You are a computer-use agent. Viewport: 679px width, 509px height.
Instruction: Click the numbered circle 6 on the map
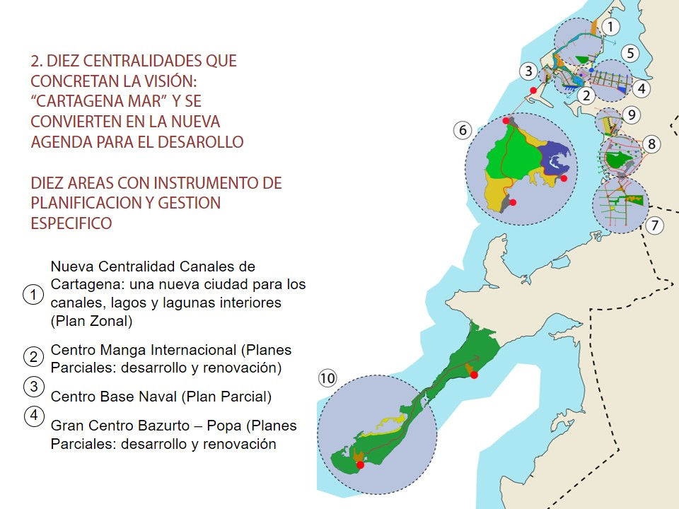pyautogui.click(x=463, y=130)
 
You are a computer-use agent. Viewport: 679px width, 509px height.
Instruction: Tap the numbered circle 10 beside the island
pyautogui.click(x=327, y=379)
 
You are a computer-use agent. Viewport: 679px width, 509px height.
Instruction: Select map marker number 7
pyautogui.click(x=655, y=226)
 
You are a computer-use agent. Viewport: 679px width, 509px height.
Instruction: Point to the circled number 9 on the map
pyautogui.click(x=632, y=115)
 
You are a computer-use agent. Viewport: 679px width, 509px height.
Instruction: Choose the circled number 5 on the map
pyautogui.click(x=632, y=53)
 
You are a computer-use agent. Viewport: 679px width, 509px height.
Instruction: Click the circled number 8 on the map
pyautogui.click(x=651, y=145)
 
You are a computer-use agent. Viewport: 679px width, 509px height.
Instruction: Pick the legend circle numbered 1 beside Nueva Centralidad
pyautogui.click(x=33, y=294)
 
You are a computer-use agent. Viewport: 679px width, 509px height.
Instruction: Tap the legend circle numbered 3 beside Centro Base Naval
pyautogui.click(x=33, y=387)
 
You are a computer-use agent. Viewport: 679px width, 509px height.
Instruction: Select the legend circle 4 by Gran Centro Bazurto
pyautogui.click(x=33, y=416)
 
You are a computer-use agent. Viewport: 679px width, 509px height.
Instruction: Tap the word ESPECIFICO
pyautogui.click(x=71, y=223)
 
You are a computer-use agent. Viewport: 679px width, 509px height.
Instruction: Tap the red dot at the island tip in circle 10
pyautogui.click(x=361, y=464)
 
